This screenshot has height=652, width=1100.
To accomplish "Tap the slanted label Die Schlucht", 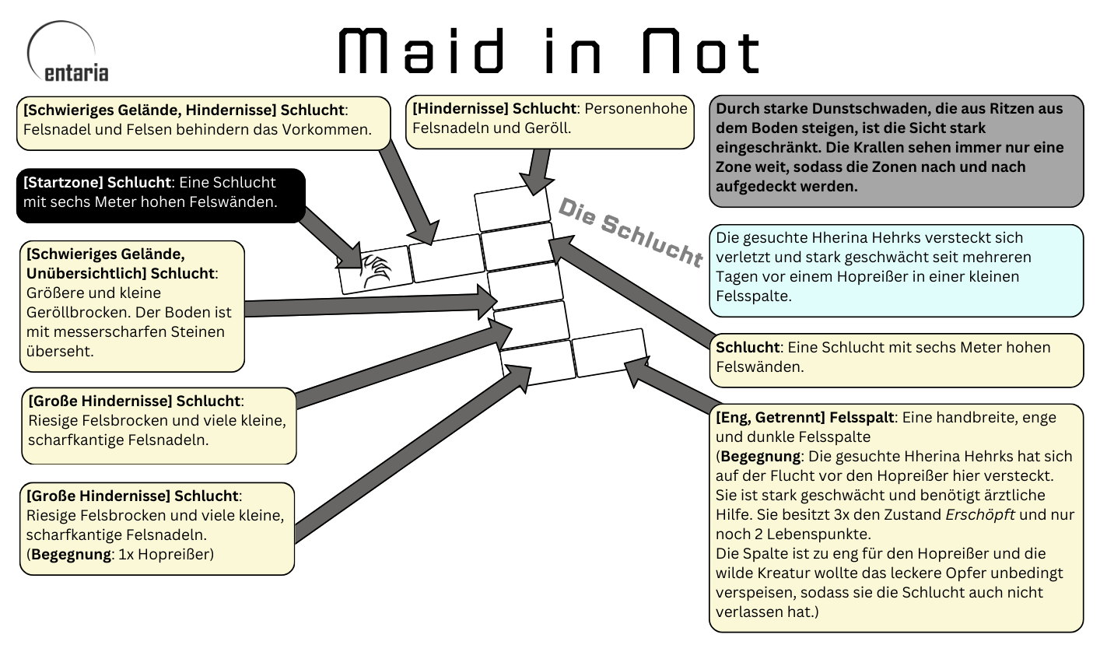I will (x=629, y=231).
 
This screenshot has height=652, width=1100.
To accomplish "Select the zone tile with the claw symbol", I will (x=375, y=269).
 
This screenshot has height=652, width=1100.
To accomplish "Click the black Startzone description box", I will (x=160, y=194).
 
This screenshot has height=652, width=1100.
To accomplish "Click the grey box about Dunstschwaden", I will (x=895, y=150).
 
